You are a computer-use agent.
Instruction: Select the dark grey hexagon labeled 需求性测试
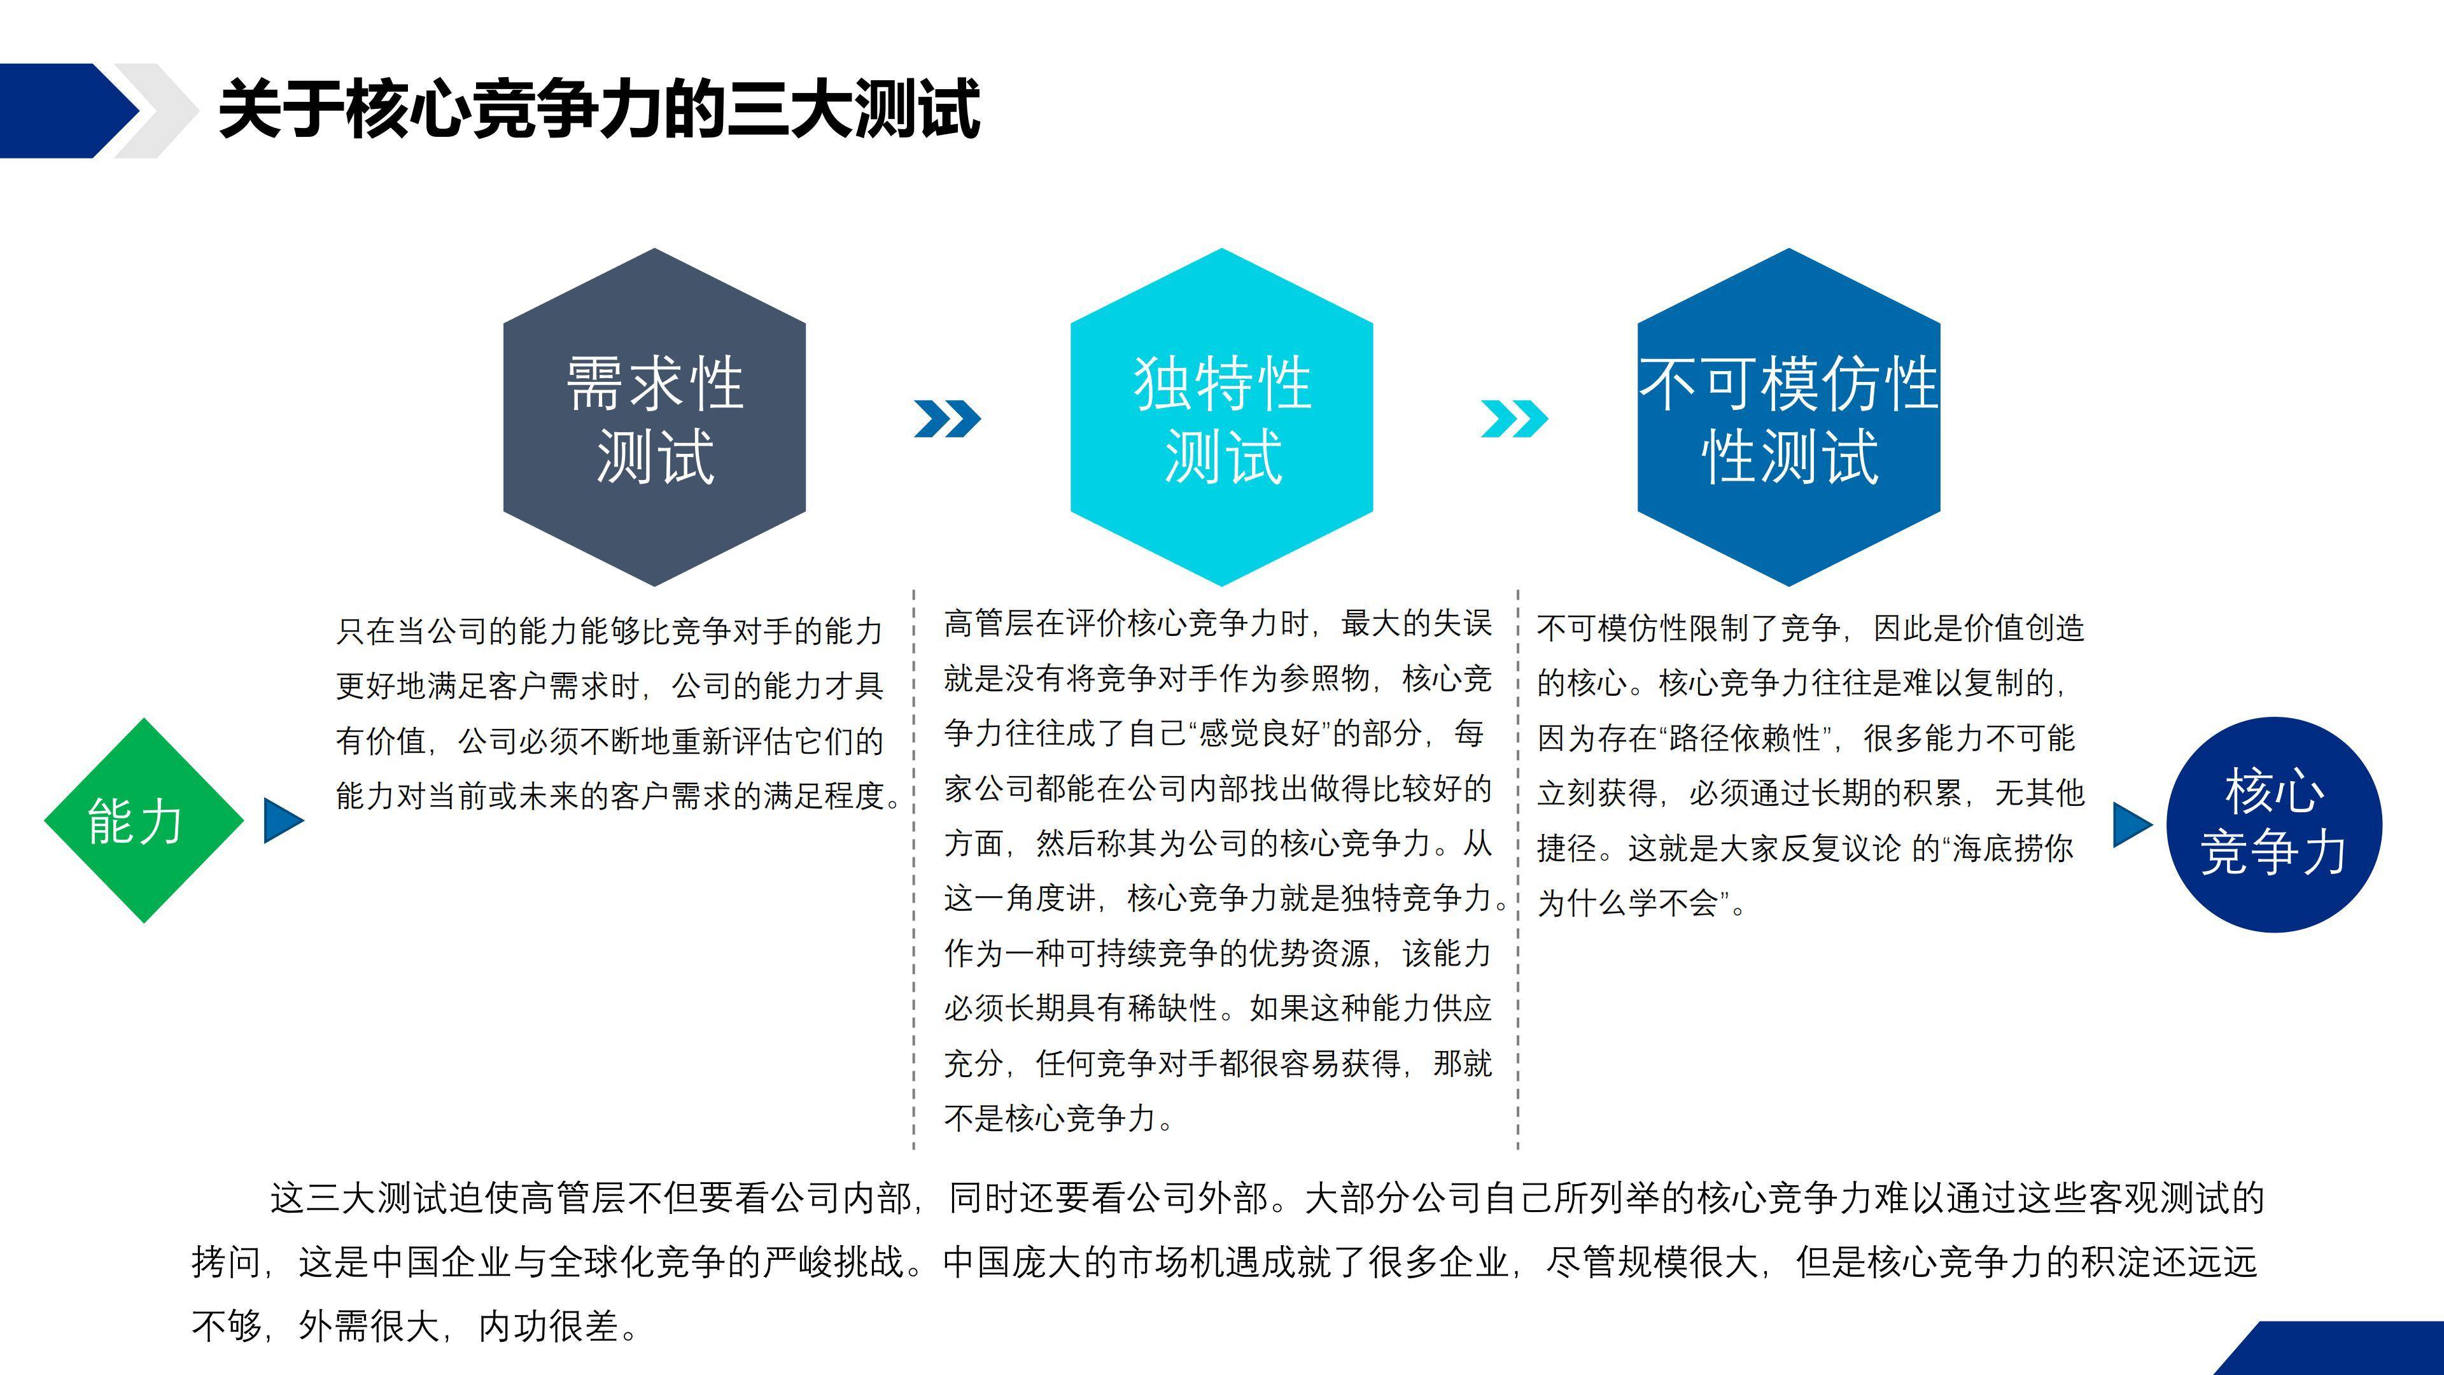[x=655, y=418]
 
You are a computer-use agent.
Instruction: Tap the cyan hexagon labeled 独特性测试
[x=1222, y=418]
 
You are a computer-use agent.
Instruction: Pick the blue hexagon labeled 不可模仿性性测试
[x=1788, y=418]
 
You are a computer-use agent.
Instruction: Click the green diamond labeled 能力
[x=144, y=821]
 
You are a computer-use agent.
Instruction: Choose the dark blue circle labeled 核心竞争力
[x=2274, y=824]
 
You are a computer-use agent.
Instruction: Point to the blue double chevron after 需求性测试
[x=947, y=418]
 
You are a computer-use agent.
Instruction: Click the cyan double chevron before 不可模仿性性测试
[x=1514, y=418]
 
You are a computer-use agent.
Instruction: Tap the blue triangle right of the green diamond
[x=284, y=821]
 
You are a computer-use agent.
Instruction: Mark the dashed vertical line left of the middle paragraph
[x=914, y=869]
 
